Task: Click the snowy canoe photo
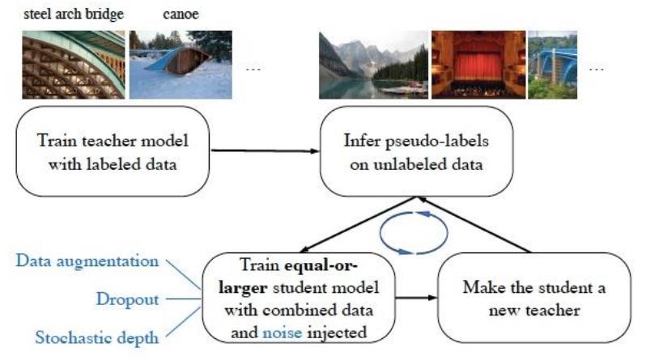tap(181, 65)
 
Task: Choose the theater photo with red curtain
tap(477, 65)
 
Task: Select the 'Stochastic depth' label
tap(87, 337)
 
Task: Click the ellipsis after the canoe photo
tap(253, 70)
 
